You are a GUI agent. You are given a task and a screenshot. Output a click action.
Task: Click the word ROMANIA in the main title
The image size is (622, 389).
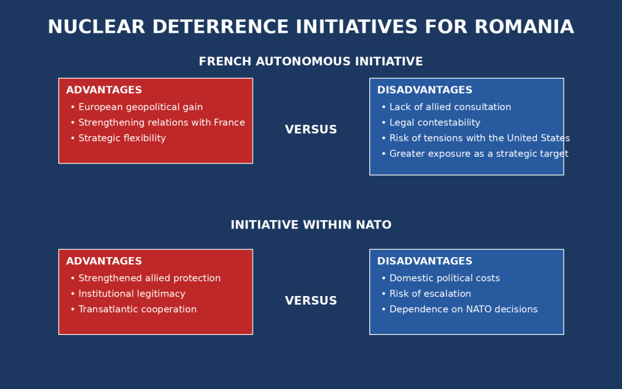coord(524,27)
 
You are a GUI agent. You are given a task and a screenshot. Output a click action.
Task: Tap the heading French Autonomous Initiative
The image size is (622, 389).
coord(311,61)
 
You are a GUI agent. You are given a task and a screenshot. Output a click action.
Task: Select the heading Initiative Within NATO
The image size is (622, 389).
coord(311,225)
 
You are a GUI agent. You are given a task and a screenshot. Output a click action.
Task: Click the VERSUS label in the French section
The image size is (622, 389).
coord(311,130)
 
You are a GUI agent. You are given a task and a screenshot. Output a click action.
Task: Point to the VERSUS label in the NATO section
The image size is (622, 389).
coord(311,301)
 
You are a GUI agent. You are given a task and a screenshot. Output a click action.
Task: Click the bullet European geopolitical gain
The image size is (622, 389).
coord(137,107)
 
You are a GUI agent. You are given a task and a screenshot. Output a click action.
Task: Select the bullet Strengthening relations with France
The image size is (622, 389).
coord(158,123)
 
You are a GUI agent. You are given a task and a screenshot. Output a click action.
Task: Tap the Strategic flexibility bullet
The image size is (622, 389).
coord(118,138)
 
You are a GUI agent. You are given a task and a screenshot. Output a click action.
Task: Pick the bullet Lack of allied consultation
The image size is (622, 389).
coord(446,107)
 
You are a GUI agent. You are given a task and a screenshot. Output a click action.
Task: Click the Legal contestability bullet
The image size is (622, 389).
coord(431,123)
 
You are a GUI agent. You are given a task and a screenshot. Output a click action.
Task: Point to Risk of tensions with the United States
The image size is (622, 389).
coord(476,138)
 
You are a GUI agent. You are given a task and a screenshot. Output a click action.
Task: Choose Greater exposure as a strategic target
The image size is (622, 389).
coord(475,154)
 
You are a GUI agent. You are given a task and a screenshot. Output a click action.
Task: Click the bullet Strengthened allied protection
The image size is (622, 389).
coord(146,278)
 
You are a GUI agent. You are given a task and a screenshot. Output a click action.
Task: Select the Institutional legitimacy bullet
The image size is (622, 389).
coord(128,294)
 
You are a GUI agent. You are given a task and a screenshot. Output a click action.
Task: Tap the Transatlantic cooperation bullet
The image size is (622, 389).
coord(134,309)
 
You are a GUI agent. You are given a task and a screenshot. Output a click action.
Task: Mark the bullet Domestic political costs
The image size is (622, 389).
coord(441,278)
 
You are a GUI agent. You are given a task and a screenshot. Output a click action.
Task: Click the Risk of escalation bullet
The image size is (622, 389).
coord(426,294)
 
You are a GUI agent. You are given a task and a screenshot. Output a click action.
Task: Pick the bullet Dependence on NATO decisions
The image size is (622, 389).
coord(460,309)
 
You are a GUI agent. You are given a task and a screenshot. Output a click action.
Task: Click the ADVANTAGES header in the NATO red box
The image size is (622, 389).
coord(104,261)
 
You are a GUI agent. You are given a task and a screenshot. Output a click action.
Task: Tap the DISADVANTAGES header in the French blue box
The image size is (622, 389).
coord(425,90)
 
